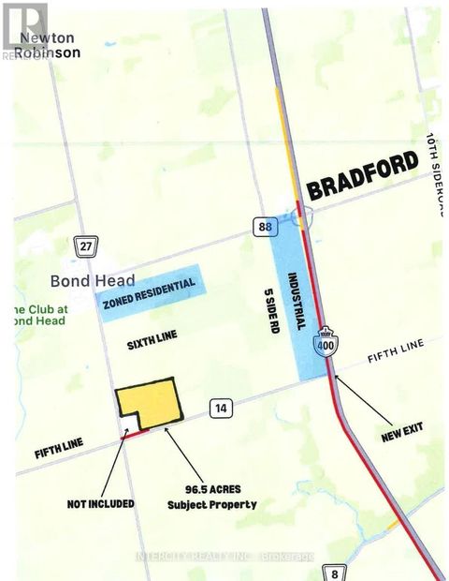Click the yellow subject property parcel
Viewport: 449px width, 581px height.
(x=148, y=400)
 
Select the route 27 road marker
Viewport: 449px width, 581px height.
(x=85, y=246)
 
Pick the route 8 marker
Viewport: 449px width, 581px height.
(x=334, y=572)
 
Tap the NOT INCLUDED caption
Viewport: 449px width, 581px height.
(x=100, y=503)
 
